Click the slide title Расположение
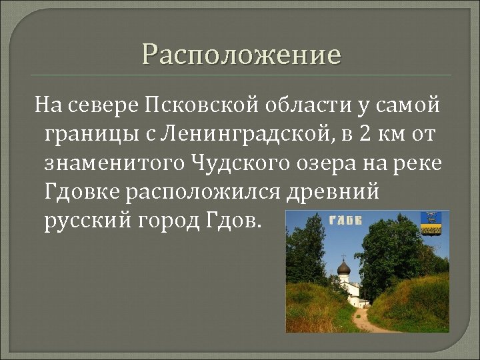pyautogui.click(x=241, y=54)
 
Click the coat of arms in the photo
pyautogui.click(x=429, y=223)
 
